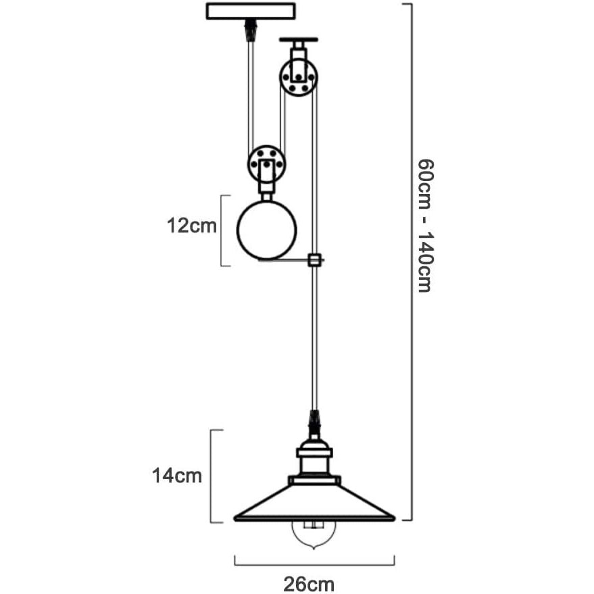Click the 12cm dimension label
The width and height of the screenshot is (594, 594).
(x=192, y=226)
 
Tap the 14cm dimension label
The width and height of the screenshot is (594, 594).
(x=177, y=476)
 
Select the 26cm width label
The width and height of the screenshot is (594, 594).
(x=309, y=583)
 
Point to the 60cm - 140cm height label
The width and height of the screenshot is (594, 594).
(x=424, y=225)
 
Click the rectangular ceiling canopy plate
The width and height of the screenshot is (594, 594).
(x=250, y=11)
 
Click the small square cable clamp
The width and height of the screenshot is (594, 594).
(x=314, y=259)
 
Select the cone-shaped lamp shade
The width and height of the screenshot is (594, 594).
(x=314, y=504)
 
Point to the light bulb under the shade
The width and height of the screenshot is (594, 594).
(x=314, y=533)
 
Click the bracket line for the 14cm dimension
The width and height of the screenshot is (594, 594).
(x=212, y=476)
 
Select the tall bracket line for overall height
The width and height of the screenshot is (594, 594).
(x=411, y=262)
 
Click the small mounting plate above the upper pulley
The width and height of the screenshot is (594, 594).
(x=297, y=39)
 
